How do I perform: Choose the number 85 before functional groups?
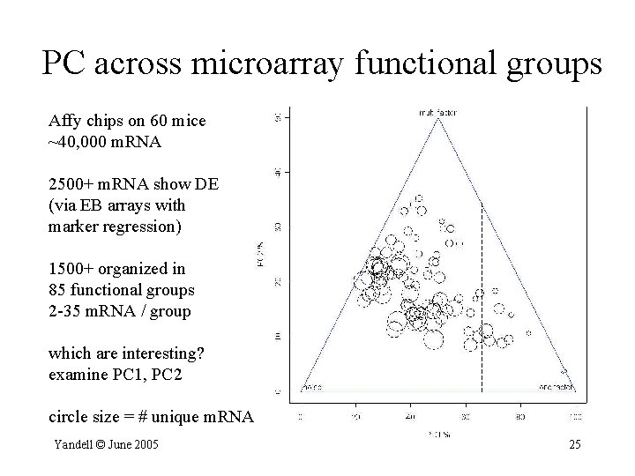[61, 289]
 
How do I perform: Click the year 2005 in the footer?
[146, 443]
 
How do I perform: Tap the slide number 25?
[574, 443]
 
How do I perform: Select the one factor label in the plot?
[556, 386]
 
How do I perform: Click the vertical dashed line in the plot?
[482, 300]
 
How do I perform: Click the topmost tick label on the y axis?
[279, 116]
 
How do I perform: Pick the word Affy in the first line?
[63, 121]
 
